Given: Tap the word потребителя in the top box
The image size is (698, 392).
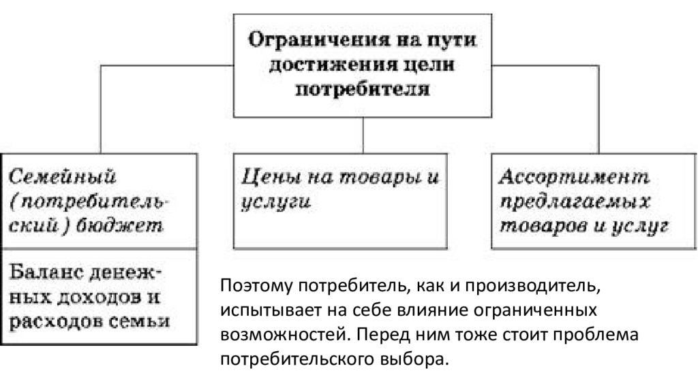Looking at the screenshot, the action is (x=363, y=88).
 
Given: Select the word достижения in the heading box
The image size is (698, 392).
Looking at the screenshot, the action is (x=333, y=65).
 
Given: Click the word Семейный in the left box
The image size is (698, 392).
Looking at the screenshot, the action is (x=62, y=177).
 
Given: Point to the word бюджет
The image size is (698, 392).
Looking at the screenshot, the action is (x=119, y=226).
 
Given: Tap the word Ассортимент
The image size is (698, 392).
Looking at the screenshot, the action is (x=574, y=177).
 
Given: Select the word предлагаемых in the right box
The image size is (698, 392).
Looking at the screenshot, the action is (x=575, y=202).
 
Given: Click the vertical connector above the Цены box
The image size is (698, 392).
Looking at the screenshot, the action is (x=363, y=135).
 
